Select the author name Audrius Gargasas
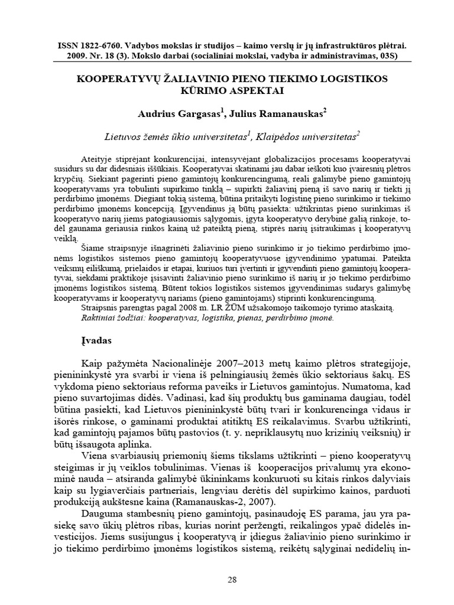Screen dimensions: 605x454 click(x=171, y=113)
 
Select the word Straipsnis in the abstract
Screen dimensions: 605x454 click(x=98, y=308)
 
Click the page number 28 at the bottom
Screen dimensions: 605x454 click(x=232, y=579)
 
